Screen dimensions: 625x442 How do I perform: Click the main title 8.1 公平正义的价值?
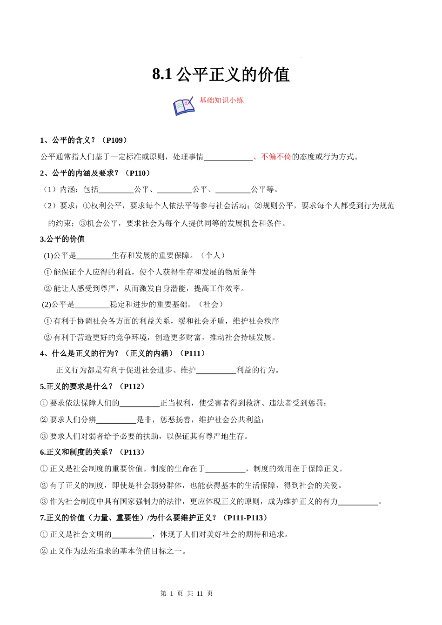(x=221, y=74)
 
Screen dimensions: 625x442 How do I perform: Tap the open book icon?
(x=184, y=106)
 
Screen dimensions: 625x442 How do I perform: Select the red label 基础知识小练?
(x=221, y=100)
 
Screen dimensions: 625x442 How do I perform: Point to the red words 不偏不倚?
(x=276, y=157)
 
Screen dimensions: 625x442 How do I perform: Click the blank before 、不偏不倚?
(x=228, y=157)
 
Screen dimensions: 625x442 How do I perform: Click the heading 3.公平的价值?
(x=62, y=239)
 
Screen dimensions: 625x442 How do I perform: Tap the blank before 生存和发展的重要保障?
(x=94, y=256)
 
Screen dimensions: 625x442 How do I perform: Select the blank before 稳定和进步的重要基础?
(x=92, y=305)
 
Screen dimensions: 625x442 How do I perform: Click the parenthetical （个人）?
(x=214, y=255)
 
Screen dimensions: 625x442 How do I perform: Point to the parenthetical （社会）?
(x=212, y=304)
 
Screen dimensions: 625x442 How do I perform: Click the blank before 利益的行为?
(x=216, y=371)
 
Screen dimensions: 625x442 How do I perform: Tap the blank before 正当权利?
(x=140, y=403)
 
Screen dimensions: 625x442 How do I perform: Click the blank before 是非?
(x=116, y=420)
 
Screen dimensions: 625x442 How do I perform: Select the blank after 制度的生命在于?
(x=225, y=469)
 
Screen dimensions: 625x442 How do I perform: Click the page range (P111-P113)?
(x=245, y=518)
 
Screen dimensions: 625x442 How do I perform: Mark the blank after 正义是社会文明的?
(x=132, y=535)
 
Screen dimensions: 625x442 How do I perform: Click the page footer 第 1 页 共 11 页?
(x=187, y=593)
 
